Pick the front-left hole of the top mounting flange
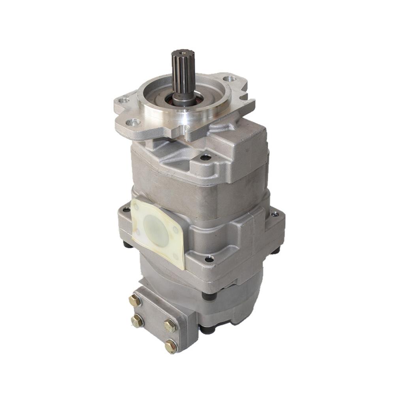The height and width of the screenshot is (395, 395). pos(135,122)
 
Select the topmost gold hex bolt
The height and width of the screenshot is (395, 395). pos(135,301)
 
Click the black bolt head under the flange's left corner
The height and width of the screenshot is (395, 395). pos(127,245)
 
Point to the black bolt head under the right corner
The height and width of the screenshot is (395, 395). pos(275,250)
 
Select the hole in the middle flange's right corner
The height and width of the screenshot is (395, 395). pos(275,214)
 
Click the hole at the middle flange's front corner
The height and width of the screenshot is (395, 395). pos(209,259)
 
